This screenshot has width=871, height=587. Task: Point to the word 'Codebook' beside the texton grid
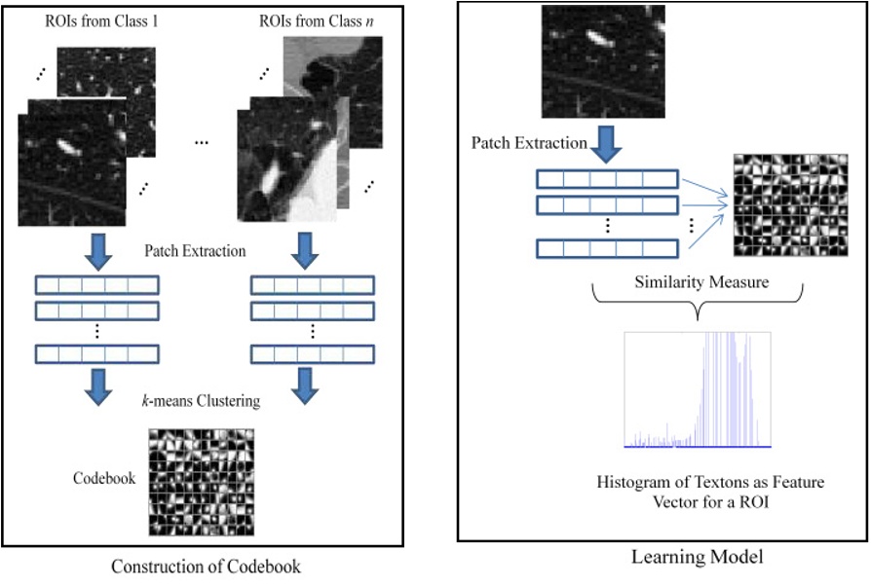click(x=102, y=479)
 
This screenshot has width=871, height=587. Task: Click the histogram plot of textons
click(x=697, y=389)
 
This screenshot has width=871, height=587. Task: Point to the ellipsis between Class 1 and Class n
click(x=203, y=142)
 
